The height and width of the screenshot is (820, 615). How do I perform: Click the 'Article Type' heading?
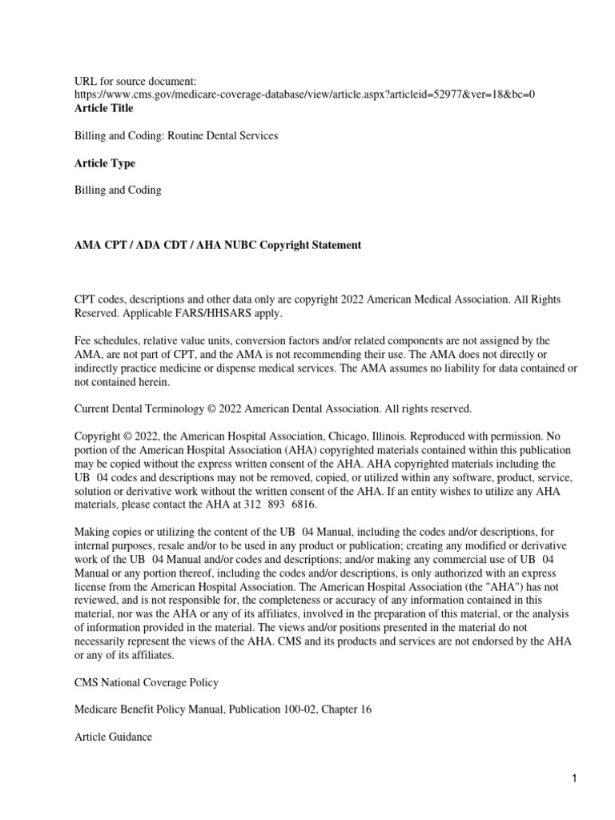(104, 163)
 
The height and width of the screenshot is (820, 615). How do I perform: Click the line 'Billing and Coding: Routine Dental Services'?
(176, 136)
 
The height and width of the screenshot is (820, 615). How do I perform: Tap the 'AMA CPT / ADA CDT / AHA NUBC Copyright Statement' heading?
(218, 245)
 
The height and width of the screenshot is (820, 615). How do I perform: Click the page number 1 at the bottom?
(574, 778)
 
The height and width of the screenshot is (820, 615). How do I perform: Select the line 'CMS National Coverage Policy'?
(147, 682)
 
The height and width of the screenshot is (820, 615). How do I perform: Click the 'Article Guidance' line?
(113, 737)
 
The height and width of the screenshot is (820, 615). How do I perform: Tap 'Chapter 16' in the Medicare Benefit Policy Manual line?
(347, 709)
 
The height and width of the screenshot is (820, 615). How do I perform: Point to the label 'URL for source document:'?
(135, 81)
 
